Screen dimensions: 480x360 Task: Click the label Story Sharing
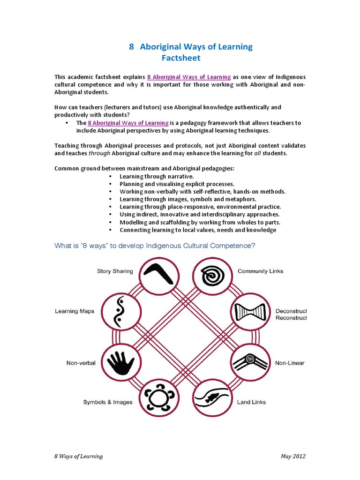[115, 271]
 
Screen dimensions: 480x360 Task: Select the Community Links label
[260, 271]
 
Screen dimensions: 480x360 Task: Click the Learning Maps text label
[75, 311]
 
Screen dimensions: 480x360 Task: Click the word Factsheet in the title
[180, 58]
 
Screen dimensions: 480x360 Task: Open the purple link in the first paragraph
[189, 76]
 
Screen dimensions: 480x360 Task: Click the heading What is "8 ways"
[155, 246]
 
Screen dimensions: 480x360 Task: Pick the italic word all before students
[251, 153]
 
